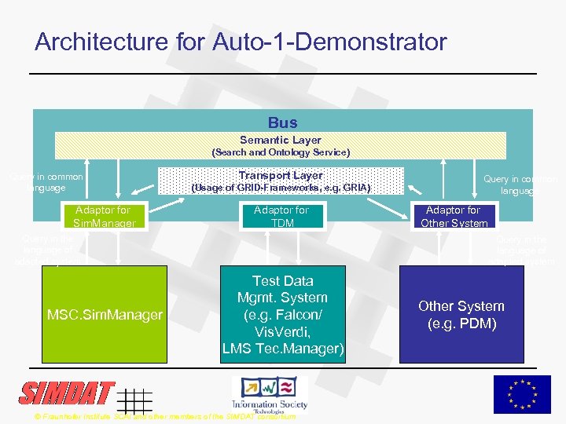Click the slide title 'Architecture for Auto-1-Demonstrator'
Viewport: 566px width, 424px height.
pos(241,42)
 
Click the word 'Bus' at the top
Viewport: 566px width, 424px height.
pos(282,122)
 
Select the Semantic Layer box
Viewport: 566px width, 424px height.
pos(281,145)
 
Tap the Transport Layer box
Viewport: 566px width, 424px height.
pos(281,181)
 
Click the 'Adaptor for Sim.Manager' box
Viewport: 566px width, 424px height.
pos(103,217)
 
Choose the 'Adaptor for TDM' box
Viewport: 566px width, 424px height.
pos(281,216)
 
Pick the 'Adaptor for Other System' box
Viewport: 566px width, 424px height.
pos(453,217)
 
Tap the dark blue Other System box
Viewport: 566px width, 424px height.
pos(461,314)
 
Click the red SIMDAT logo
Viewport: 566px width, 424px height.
pos(67,393)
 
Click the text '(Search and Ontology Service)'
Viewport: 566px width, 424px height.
pos(281,152)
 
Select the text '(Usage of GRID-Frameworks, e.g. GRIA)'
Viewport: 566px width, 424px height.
pos(281,188)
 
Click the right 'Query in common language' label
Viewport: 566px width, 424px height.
pos(520,185)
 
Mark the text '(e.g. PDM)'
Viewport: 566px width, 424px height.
pos(461,323)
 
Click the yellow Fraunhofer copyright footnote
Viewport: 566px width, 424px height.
pos(165,416)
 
